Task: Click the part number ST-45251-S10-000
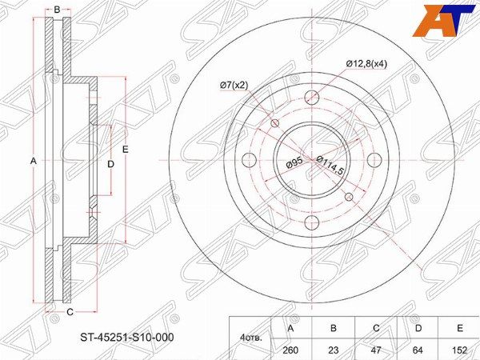pos(126,337)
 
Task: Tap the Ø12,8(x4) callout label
pos(366,64)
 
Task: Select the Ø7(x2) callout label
pos(234,86)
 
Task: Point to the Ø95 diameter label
pos(294,163)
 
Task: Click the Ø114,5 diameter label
pos(330,165)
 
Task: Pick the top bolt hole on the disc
pos(312,98)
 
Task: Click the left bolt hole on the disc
pos(249,160)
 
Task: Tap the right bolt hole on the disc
pos(374,160)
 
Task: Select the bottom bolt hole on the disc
pos(312,222)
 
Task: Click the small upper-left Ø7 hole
pos(275,122)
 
